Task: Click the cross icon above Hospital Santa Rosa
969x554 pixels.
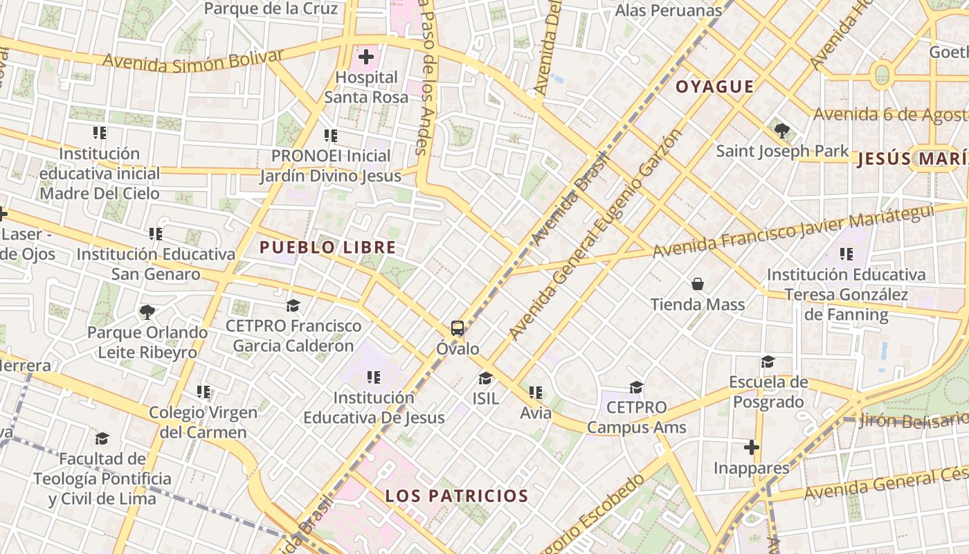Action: point(366,56)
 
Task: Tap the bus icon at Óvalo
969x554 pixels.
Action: point(458,328)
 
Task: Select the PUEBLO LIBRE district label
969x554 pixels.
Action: point(327,247)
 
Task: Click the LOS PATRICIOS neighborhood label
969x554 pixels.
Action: point(457,496)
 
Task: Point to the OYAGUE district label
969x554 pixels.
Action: point(714,87)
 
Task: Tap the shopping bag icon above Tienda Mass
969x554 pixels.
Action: point(698,284)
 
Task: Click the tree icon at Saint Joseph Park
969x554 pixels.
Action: point(782,129)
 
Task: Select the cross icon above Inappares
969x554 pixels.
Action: point(751,447)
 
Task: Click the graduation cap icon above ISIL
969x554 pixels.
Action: point(485,378)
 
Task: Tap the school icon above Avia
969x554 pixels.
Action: point(535,393)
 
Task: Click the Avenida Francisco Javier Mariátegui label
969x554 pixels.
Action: point(793,231)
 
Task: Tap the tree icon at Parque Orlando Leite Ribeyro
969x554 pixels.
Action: point(147,312)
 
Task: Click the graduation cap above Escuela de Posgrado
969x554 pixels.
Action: point(768,361)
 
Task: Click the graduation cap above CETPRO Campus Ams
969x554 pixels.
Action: point(636,386)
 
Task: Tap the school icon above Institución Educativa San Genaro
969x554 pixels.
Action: point(156,234)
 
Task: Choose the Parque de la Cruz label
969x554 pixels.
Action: point(271,9)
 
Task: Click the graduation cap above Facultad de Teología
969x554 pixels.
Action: point(102,438)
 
